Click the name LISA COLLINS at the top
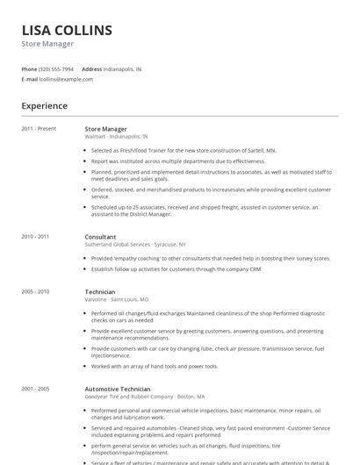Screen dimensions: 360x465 click(x=67, y=30)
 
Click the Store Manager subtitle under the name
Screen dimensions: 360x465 click(x=47, y=44)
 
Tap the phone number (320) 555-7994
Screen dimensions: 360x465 click(x=57, y=68)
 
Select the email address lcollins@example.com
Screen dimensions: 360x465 click(x=66, y=79)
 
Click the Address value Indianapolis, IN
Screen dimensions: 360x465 click(x=122, y=68)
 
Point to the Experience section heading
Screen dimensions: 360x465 click(x=44, y=106)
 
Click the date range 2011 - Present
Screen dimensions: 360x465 click(x=39, y=129)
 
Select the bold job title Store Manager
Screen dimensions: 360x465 click(x=105, y=129)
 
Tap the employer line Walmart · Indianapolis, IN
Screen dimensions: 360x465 click(x=116, y=137)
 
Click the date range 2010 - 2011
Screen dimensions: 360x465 click(x=35, y=237)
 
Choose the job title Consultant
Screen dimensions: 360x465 click(x=100, y=237)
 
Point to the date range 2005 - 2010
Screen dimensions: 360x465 click(x=35, y=291)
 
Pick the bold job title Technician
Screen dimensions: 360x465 click(x=99, y=291)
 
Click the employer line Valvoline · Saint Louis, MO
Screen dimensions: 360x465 click(x=116, y=299)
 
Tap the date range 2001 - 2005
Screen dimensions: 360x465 click(x=35, y=389)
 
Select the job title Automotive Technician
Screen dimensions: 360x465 click(x=117, y=389)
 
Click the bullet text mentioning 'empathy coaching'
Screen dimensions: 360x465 click(x=211, y=259)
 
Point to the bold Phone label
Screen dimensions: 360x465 click(x=29, y=68)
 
